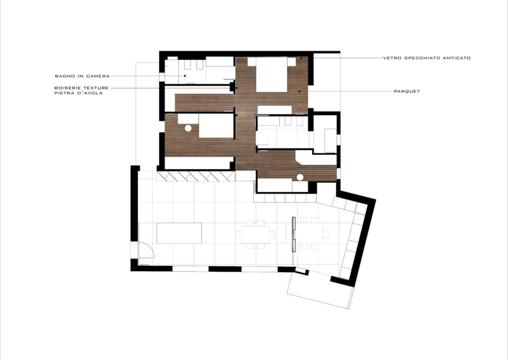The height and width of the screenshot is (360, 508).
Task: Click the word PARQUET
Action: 407,91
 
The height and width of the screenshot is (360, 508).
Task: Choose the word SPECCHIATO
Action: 421,58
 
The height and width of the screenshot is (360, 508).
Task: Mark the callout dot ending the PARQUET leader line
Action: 300,91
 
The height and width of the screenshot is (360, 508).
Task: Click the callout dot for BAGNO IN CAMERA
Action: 185,76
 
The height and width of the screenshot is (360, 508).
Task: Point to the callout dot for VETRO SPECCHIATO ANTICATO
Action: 301,58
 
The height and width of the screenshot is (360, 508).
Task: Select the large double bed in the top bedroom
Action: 271,74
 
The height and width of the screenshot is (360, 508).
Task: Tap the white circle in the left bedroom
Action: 188,128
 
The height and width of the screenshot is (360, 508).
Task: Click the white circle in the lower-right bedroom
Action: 300,177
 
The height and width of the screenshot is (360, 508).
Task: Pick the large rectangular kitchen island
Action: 179,233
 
